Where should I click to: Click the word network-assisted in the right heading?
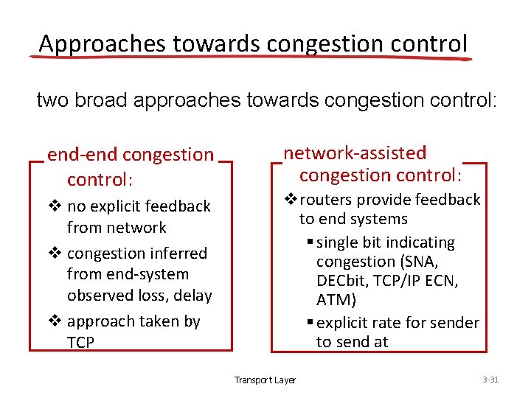click(355, 153)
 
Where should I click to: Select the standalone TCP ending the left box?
click(80, 343)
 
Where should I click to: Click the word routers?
click(326, 200)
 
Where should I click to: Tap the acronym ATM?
click(336, 300)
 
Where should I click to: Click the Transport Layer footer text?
click(265, 380)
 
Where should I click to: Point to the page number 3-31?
click(490, 380)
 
